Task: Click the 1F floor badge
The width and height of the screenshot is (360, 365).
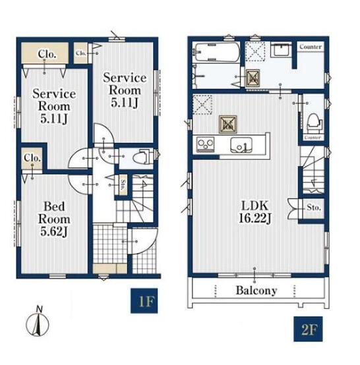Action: point(144,300)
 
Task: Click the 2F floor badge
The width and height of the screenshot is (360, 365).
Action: point(308,329)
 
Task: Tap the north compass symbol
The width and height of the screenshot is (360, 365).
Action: point(38,322)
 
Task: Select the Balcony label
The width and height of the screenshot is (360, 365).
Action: point(256,291)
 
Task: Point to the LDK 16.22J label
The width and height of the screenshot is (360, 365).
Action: point(255,212)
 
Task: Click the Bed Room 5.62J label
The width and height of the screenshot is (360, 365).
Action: point(54,219)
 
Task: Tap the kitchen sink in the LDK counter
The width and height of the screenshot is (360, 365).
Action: point(241,145)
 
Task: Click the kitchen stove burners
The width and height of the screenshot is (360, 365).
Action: point(205,144)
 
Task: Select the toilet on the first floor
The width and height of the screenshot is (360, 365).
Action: point(143,157)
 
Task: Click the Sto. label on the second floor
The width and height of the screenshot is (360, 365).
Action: point(314,208)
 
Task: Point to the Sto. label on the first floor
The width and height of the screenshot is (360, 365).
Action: point(123,185)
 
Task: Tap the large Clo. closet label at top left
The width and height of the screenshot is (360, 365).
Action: point(47,54)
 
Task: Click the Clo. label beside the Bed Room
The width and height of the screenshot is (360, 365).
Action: point(32,158)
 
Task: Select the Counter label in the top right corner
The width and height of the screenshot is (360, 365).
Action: point(311,47)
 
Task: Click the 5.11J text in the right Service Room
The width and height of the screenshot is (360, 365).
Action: point(125,102)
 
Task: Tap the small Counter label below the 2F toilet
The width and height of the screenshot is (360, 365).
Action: point(313,137)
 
